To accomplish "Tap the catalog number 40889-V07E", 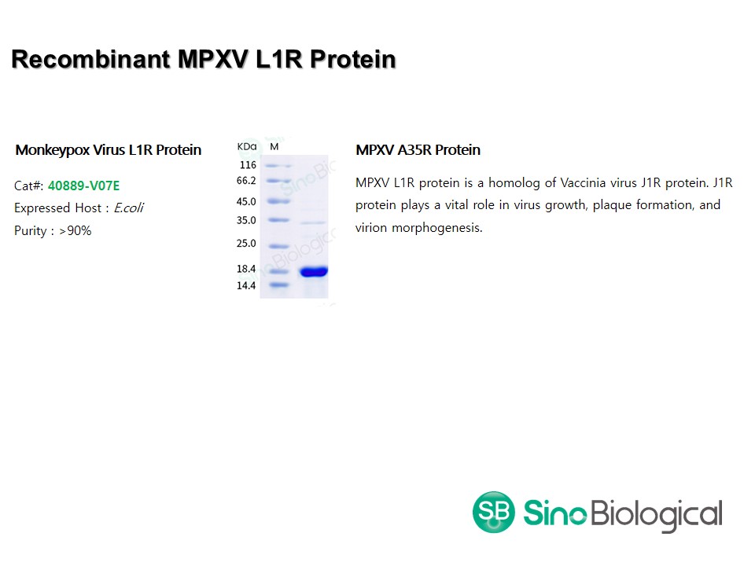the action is click(x=84, y=186).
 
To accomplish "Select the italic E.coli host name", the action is click(x=128, y=208).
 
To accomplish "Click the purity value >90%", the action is click(x=75, y=231).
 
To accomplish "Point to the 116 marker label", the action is click(x=248, y=165).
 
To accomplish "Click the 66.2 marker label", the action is click(x=246, y=181).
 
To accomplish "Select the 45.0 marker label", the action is click(x=246, y=202).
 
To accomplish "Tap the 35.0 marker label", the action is click(x=246, y=220).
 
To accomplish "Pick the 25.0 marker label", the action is click(x=246, y=244).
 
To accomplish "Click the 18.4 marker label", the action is click(x=246, y=269).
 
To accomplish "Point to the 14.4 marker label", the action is click(x=246, y=286).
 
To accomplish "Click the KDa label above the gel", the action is click(x=247, y=147).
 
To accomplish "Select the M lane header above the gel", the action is click(x=274, y=147).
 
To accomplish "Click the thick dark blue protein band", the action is click(x=314, y=272).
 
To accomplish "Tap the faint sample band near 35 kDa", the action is click(x=314, y=222).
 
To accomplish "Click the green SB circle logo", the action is click(x=494, y=512).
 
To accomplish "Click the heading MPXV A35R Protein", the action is click(x=418, y=150).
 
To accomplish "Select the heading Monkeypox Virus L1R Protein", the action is click(x=109, y=150).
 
